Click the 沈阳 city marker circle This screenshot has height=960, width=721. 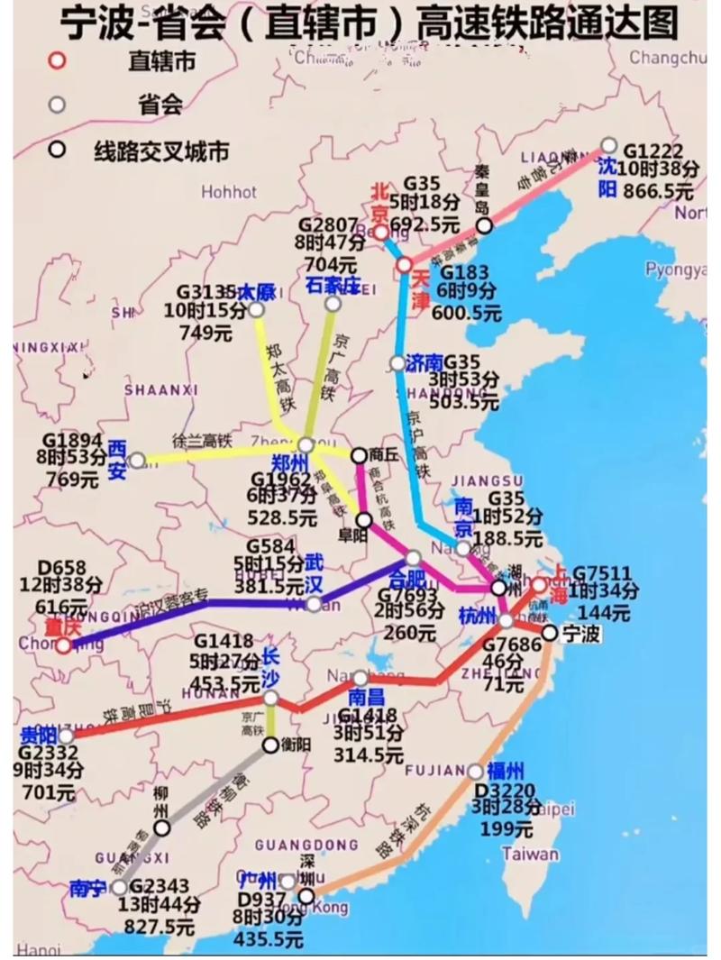(608, 145)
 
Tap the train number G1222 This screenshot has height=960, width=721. (653, 151)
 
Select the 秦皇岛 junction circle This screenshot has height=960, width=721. (484, 225)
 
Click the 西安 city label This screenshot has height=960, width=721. (117, 459)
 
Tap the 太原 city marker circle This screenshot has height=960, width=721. (256, 310)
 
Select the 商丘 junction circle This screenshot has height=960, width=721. (359, 455)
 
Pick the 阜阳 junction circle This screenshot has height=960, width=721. (364, 519)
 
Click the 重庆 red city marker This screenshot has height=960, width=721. (63, 645)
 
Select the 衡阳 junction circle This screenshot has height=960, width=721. (270, 745)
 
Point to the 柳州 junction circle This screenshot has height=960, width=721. (161, 827)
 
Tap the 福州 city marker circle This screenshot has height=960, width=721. (475, 772)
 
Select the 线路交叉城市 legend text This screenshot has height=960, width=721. (160, 151)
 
